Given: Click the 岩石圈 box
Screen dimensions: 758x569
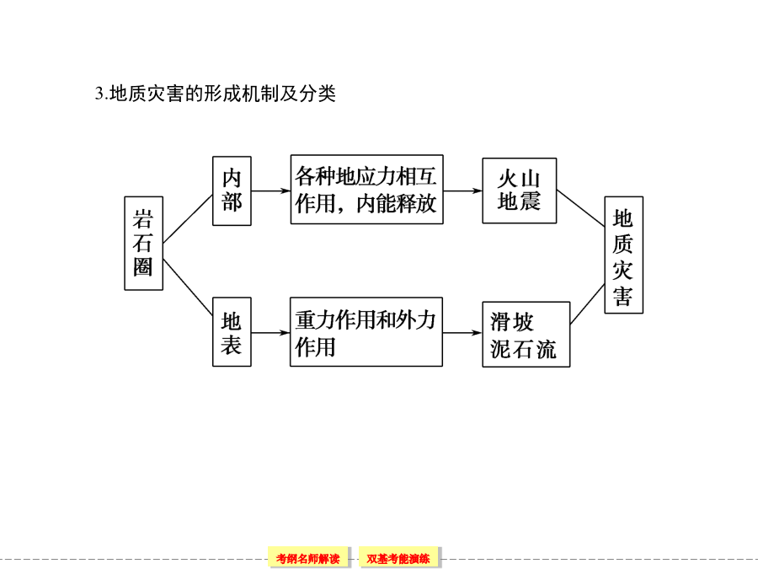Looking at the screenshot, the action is coord(143,244).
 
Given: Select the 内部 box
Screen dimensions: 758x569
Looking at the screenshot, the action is coord(232,191).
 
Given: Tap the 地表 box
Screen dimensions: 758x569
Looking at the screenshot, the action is coord(232,332).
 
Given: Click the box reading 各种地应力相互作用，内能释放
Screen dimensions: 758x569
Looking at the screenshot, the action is coord(367,189).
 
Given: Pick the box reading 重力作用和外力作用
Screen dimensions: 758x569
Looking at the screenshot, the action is coord(366,332).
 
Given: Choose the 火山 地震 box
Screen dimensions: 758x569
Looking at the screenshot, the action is coord(520,191).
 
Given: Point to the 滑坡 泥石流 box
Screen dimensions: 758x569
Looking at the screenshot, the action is coord(526,335).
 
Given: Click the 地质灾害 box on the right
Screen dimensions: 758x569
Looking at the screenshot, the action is coord(624,255).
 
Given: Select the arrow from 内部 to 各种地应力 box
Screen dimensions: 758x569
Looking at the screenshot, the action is coord(270,191).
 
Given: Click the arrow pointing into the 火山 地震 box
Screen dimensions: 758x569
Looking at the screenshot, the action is coord(462,191).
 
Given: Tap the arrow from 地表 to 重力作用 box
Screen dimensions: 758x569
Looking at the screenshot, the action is coord(270,333).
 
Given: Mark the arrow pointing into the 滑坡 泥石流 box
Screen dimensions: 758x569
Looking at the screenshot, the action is coord(462,333).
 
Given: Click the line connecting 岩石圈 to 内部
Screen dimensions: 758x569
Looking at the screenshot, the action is coord(188,218).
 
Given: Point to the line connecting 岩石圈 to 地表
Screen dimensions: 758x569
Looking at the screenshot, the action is coord(188,287).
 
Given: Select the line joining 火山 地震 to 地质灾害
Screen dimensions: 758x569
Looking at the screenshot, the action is coord(580,208).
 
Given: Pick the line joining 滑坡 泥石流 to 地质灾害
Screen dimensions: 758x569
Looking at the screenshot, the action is coord(587,303).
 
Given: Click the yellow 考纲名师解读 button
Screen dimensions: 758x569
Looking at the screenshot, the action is coord(308,558).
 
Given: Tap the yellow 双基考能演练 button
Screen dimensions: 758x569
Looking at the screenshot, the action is coord(398,558).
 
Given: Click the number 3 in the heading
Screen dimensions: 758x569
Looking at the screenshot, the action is coord(99,94).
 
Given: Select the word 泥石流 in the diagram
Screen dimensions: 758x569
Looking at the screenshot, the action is coord(524,349).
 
